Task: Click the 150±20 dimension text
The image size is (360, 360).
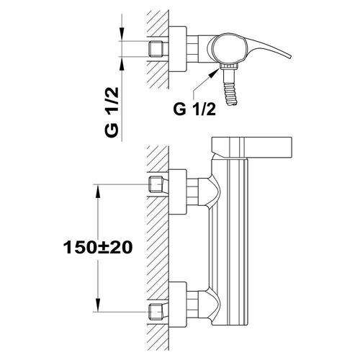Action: [98, 248]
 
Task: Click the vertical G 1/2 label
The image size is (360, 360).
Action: [112, 112]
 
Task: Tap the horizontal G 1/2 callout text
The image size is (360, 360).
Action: [194, 109]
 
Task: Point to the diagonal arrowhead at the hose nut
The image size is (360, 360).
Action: [215, 73]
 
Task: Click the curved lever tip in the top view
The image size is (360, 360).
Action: [289, 57]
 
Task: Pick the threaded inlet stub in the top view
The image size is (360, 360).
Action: [156, 49]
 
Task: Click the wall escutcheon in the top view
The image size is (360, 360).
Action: [178, 49]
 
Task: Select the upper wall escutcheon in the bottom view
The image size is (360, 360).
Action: [178, 192]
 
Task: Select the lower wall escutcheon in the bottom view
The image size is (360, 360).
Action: [178, 305]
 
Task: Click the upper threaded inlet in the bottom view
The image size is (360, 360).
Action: [156, 184]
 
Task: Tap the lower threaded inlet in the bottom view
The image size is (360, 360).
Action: [156, 312]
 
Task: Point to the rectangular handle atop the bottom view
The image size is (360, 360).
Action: [251, 148]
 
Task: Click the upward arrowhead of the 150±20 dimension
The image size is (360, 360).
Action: [98, 192]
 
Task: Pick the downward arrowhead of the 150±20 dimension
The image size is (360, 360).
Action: [98, 305]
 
